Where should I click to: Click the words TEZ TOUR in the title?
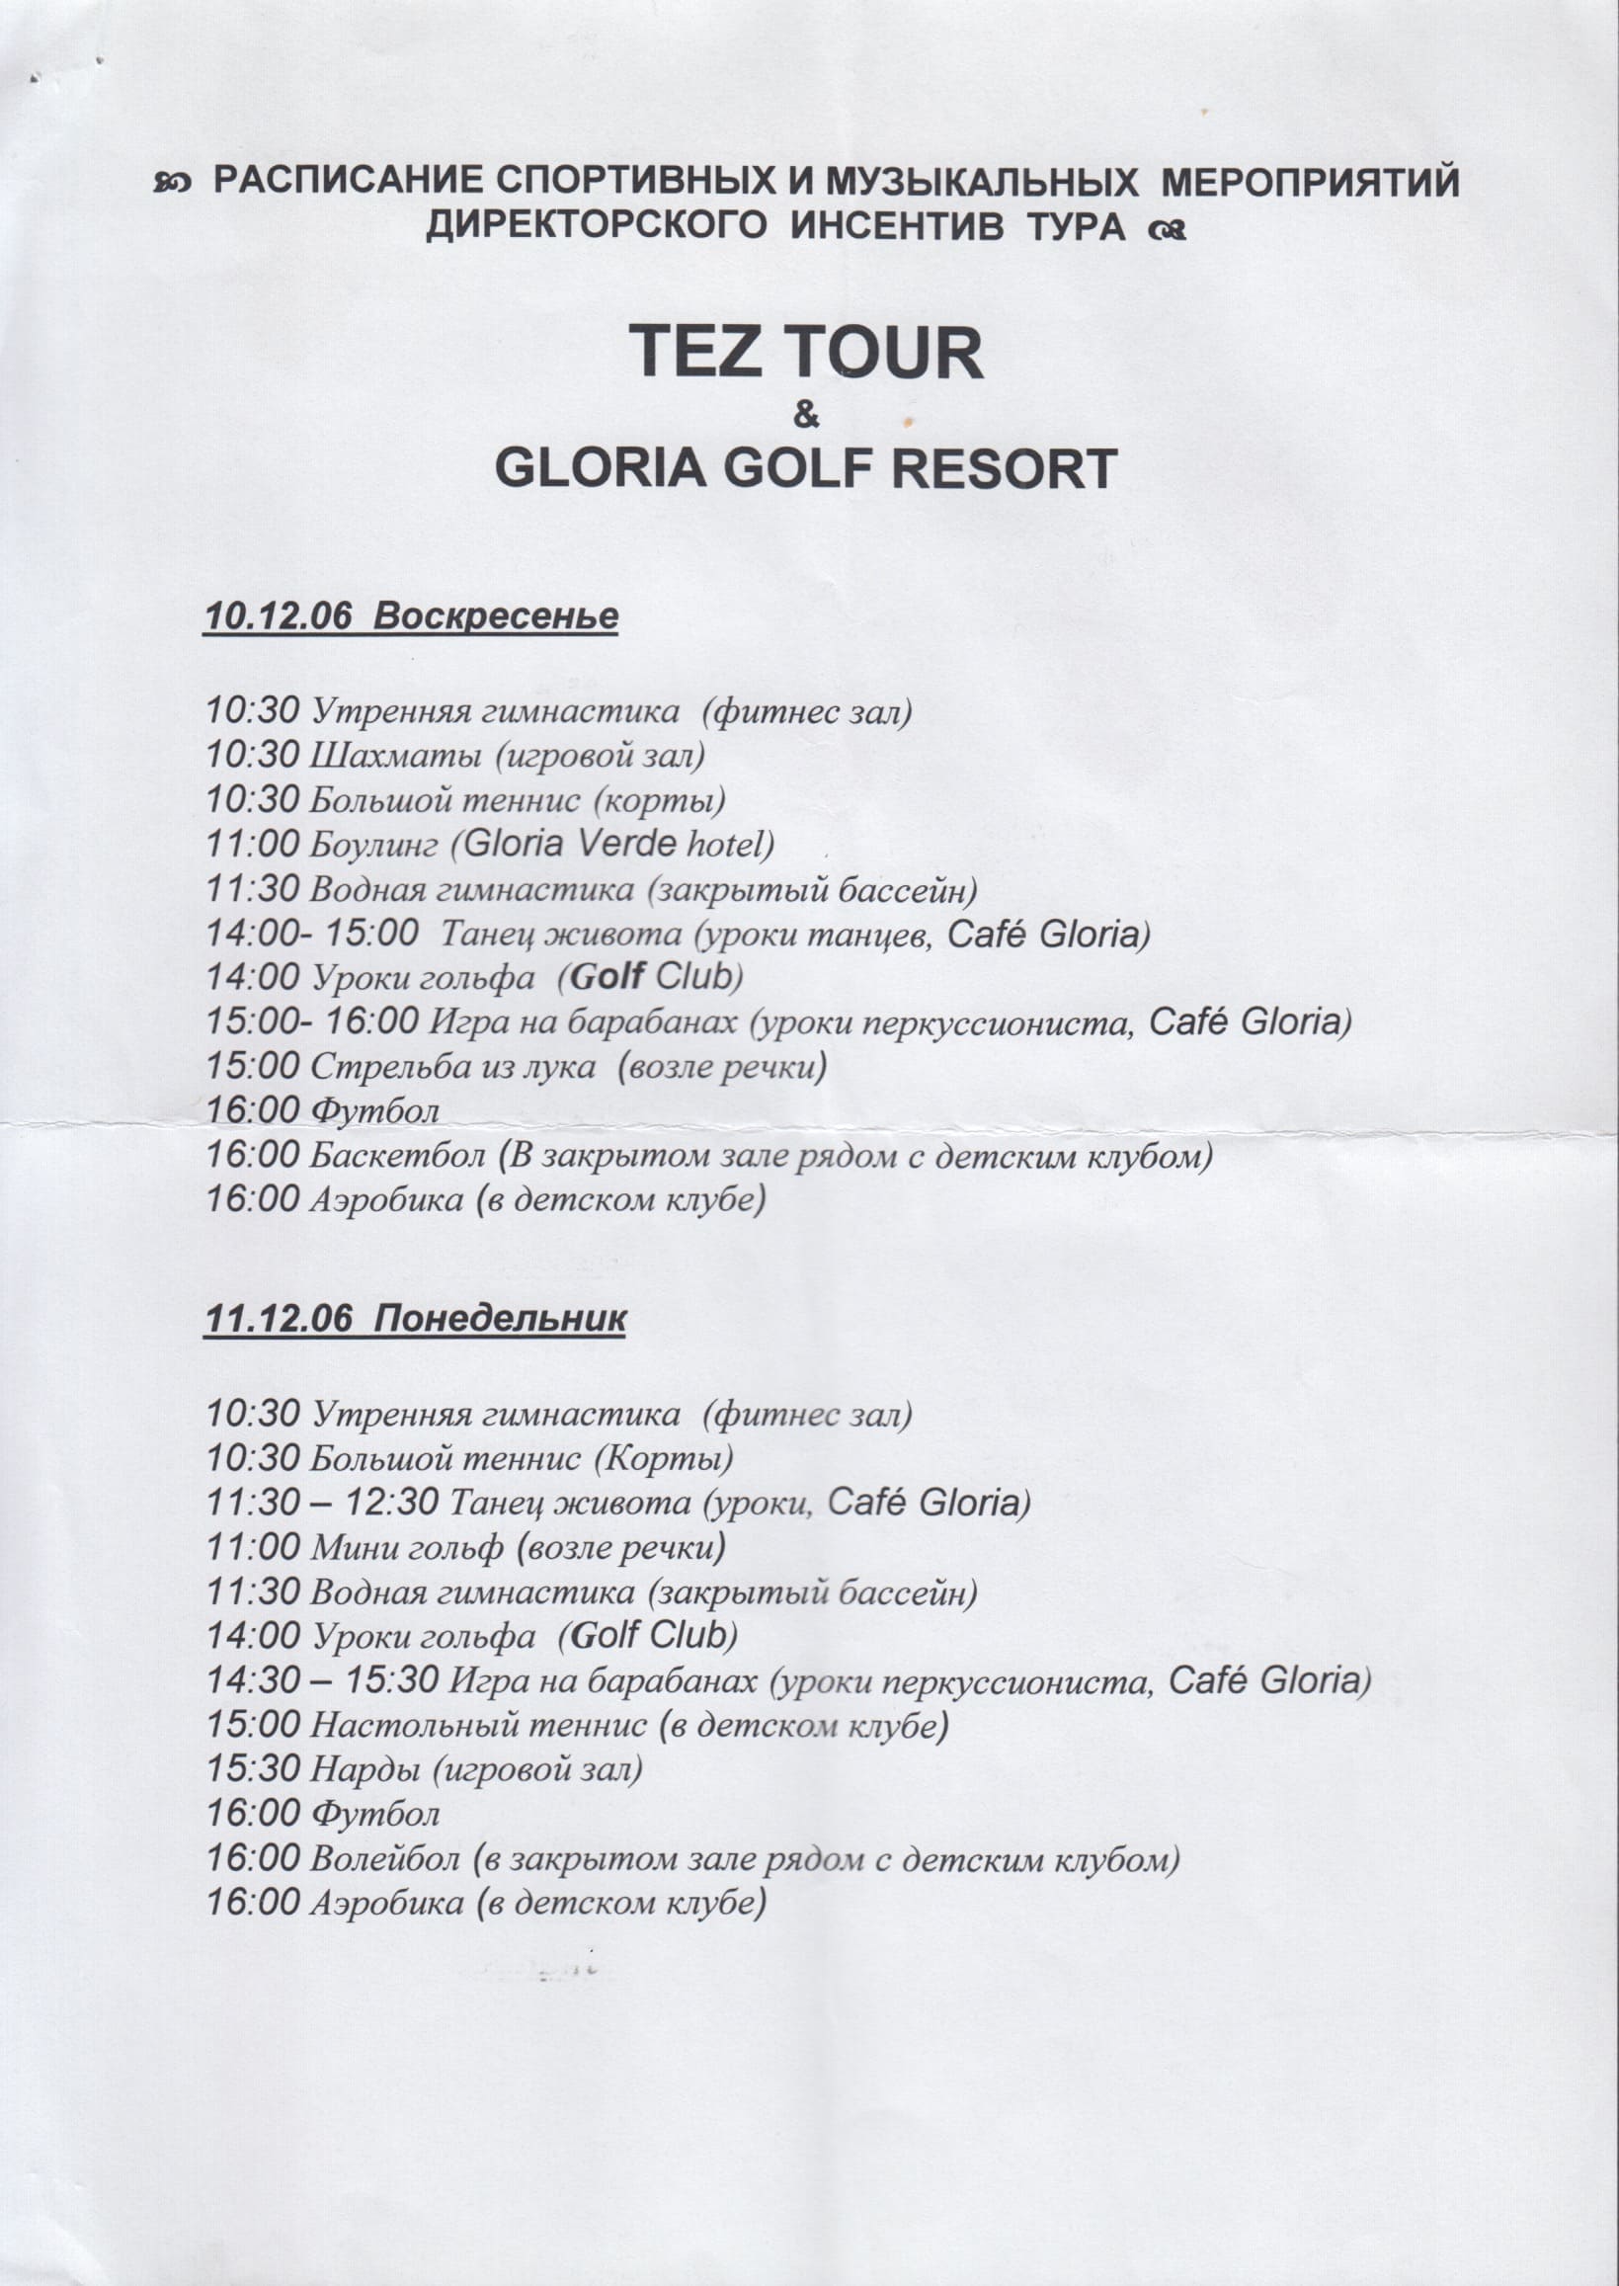point(806,353)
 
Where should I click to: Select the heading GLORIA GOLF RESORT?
point(805,467)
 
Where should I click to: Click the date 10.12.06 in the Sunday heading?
point(279,614)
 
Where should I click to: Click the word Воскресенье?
point(499,614)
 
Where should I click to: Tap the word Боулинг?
point(373,846)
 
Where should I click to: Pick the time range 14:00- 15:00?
point(312,934)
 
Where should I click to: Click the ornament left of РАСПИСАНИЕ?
point(172,184)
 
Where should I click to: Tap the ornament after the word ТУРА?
point(1168,230)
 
